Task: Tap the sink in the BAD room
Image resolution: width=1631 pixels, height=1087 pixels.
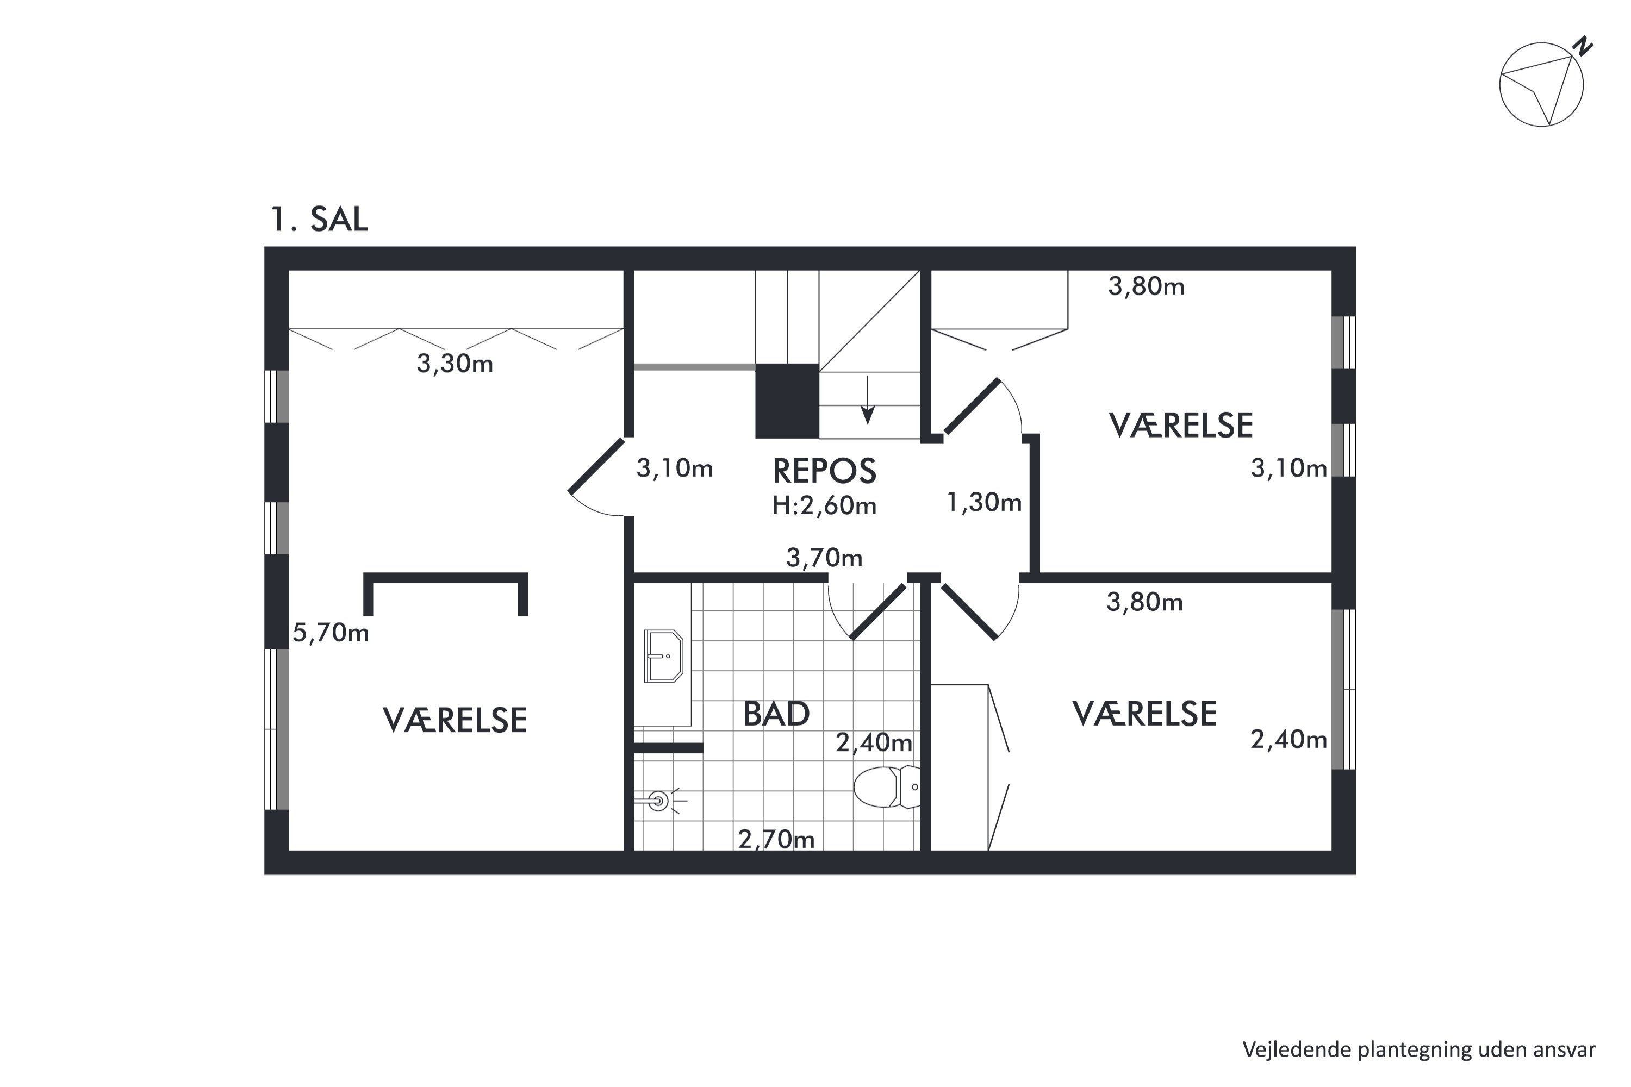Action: [x=664, y=656]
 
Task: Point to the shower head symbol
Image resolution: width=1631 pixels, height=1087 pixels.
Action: [x=658, y=801]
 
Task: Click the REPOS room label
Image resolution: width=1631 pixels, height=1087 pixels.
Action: [x=825, y=471]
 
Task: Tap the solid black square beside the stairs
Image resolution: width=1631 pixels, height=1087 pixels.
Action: [x=787, y=401]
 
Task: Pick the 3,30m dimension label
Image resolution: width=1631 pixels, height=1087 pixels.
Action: [x=455, y=363]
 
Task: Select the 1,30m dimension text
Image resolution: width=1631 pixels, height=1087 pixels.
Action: [x=984, y=502]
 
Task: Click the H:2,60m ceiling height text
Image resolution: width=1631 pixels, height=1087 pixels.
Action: [x=825, y=506]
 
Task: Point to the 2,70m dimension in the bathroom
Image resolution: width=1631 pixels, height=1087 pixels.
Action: [x=776, y=840]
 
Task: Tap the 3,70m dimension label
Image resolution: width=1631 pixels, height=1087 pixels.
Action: [x=825, y=558]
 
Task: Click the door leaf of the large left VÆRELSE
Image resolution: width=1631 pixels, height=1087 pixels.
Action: [x=596, y=466]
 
